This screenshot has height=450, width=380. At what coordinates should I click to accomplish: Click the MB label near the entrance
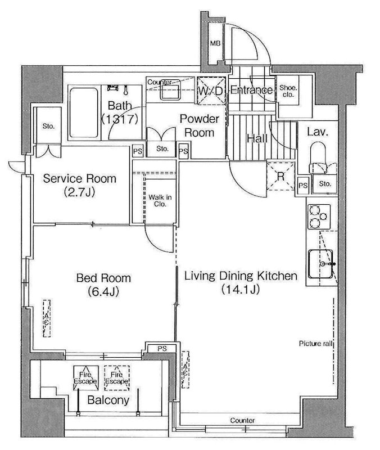[x=215, y=43]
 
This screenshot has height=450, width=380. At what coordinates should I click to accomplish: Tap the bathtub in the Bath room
[x=84, y=112]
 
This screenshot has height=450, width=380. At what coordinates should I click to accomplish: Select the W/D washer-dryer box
[x=211, y=91]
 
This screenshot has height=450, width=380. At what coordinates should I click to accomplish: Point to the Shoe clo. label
[x=288, y=91]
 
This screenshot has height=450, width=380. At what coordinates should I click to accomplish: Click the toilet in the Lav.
[x=318, y=157]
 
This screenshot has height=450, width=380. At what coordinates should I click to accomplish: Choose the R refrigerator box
[x=281, y=176]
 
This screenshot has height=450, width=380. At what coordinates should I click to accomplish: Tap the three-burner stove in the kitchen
[x=319, y=217]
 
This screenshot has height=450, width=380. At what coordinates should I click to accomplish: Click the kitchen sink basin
[x=320, y=264]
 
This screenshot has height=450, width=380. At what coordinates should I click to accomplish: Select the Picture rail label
[x=315, y=344]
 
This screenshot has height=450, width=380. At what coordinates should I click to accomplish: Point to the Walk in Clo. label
[x=160, y=201]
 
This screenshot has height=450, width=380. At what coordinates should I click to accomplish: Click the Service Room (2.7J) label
[x=79, y=185]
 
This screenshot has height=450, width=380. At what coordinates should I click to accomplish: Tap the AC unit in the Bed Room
[x=47, y=318]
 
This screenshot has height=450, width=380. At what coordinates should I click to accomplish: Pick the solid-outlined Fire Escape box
[x=86, y=378]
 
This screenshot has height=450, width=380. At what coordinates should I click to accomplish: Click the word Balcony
[x=108, y=400]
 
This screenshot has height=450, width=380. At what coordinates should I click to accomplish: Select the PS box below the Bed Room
[x=162, y=348]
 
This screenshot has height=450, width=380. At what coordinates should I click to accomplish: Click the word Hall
[x=257, y=138]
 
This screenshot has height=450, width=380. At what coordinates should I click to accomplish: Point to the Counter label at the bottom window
[x=242, y=420]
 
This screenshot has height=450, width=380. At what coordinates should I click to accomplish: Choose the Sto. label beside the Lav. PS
[x=325, y=184]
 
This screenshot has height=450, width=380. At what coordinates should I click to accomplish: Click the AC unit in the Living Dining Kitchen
[x=186, y=369]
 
